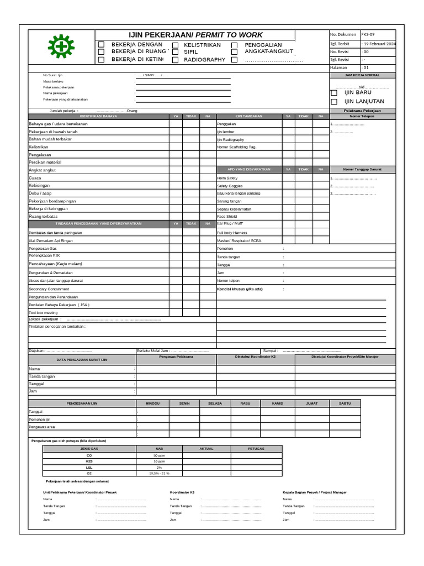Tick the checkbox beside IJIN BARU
pos(334,93)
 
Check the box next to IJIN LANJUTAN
pos(334,102)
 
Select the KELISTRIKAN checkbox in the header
pos(176,45)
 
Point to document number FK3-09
pos(368,34)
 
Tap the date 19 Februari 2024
pos(379,43)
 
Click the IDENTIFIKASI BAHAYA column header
pos(98,116)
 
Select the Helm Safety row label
pos(227,178)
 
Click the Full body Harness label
pos(232,233)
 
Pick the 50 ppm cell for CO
pos(160,455)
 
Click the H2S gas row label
pos(89,462)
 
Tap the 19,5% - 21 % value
pos(160,474)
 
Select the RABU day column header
pos(245,403)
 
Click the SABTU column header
pos(344,403)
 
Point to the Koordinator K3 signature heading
pos(182,492)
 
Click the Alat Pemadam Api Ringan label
pos(51,241)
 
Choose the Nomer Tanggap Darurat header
pos(362,170)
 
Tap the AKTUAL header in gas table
pos(206,448)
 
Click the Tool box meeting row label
pos(43,312)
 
